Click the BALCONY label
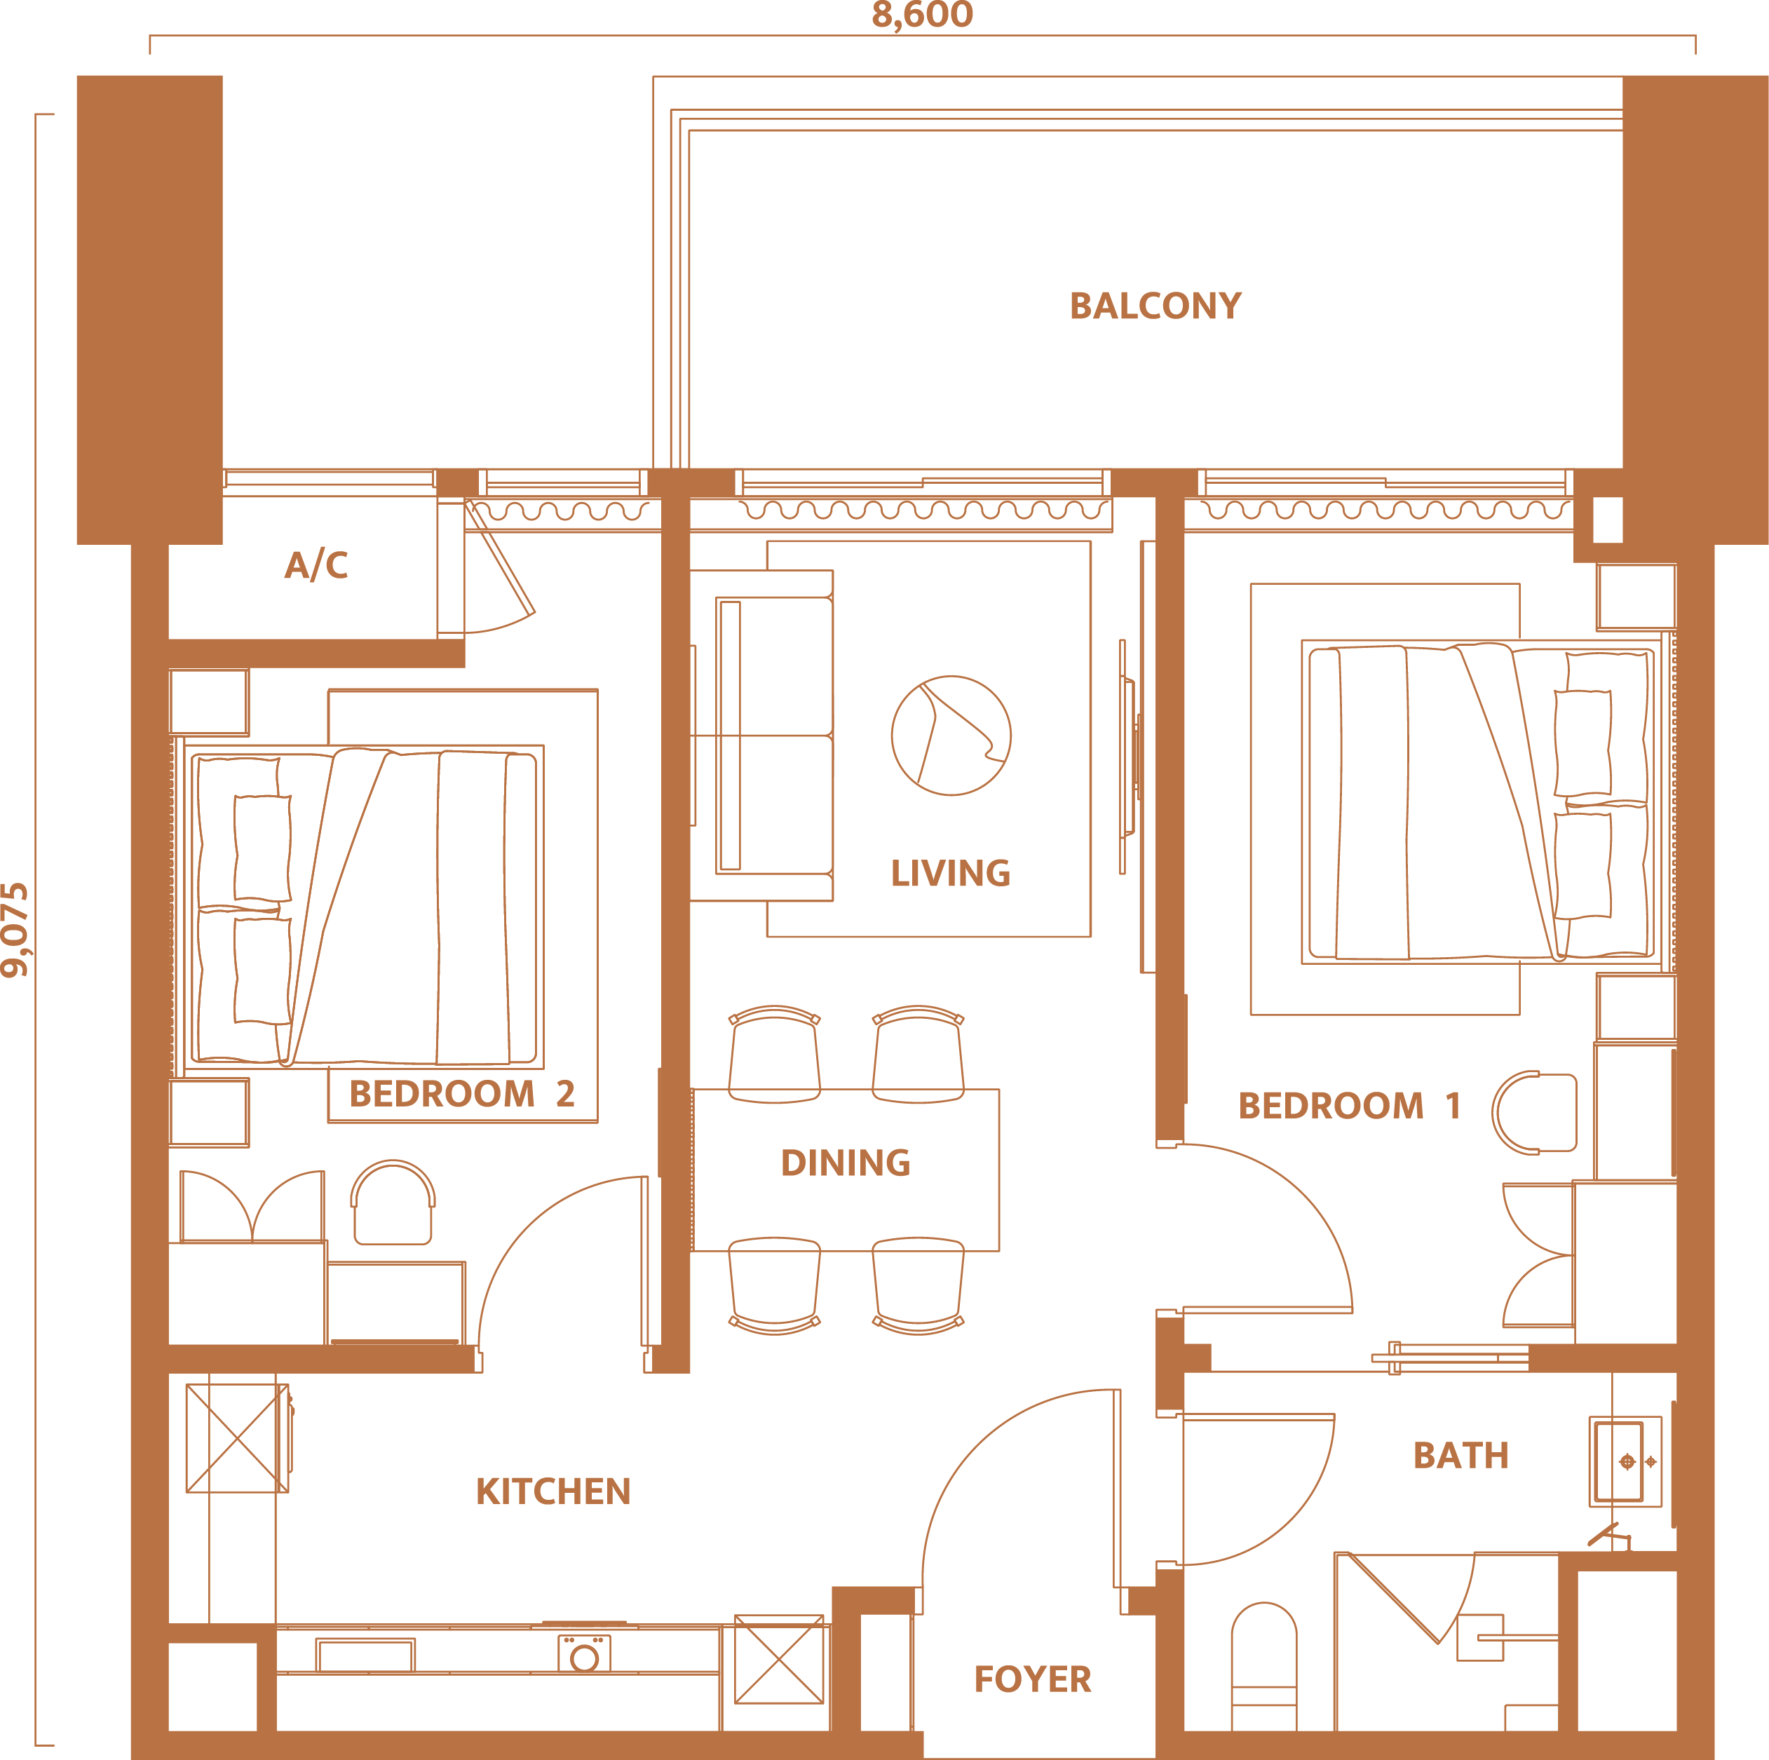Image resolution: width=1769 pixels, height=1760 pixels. tap(1155, 306)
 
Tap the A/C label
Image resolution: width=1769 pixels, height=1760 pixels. tap(316, 565)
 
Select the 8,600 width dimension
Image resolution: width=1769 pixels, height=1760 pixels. tap(922, 15)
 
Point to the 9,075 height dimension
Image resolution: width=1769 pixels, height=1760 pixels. tap(15, 930)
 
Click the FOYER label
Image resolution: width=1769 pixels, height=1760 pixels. tap(1033, 1679)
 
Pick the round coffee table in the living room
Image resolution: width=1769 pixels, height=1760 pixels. tap(951, 736)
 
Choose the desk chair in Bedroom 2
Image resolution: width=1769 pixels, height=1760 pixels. tap(393, 1203)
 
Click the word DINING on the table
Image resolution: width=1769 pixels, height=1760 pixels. tap(845, 1163)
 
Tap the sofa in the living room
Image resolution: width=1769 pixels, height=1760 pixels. tap(762, 736)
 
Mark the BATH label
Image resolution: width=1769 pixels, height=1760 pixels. tap(1461, 1456)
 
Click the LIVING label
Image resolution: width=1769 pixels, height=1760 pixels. tap(951, 874)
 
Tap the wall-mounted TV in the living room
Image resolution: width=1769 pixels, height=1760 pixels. tap(1129, 757)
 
